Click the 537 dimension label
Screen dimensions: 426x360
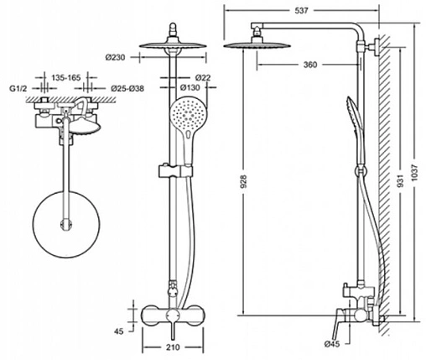click(301, 11)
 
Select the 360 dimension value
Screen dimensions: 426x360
click(310, 65)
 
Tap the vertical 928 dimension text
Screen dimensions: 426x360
click(244, 181)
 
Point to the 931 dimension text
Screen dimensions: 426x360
click(401, 181)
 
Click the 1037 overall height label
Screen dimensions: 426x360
click(414, 172)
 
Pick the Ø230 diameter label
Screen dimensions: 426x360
click(115, 57)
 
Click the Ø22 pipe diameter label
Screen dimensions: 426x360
click(203, 77)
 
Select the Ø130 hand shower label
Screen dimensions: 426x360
click(190, 87)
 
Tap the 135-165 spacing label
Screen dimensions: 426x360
click(66, 77)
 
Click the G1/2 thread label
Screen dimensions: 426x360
click(18, 89)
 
